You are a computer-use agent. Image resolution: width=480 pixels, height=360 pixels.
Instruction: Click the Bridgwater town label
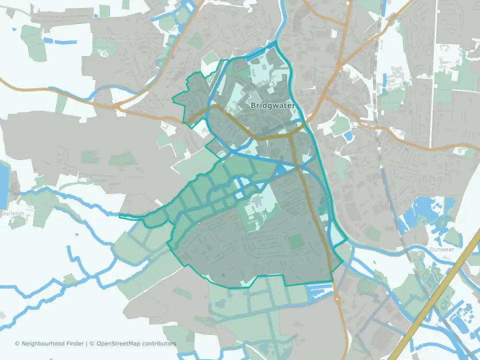272,106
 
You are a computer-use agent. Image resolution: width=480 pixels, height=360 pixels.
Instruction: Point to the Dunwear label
440,248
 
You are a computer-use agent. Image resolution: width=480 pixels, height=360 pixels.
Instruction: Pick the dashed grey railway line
395,210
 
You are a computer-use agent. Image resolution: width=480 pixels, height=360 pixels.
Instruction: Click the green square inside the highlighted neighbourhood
296,242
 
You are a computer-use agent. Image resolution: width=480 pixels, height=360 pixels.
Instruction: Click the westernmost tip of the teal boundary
120,216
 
